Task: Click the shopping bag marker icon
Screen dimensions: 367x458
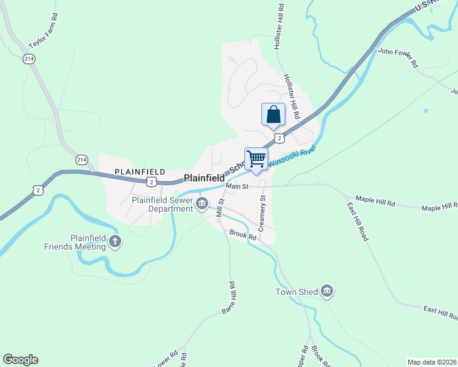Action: (x=273, y=114)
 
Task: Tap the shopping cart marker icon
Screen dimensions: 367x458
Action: (x=256, y=159)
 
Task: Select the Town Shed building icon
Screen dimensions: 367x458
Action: (x=326, y=292)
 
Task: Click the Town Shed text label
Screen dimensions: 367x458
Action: (x=296, y=292)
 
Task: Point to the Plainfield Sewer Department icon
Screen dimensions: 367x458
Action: (x=202, y=204)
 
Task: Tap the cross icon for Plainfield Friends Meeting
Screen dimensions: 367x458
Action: (x=114, y=242)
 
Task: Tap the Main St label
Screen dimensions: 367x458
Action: (x=236, y=186)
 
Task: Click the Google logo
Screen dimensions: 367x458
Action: (x=20, y=360)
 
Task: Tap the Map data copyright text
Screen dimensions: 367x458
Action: (x=431, y=362)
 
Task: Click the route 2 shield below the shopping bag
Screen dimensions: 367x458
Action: (x=279, y=138)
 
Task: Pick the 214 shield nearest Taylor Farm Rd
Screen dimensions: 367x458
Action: (x=29, y=59)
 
